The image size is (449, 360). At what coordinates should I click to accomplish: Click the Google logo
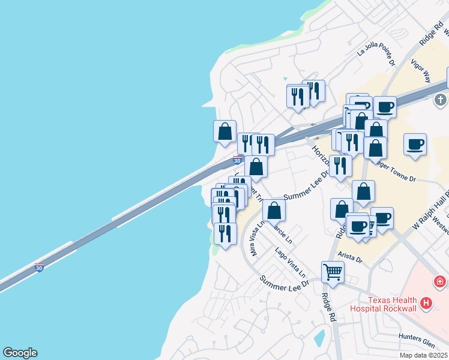(x=20, y=353)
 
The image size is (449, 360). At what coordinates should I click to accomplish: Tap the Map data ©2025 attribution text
(x=423, y=355)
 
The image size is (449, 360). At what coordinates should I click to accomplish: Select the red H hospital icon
(x=426, y=304)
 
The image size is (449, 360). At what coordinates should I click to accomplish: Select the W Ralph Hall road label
(x=426, y=211)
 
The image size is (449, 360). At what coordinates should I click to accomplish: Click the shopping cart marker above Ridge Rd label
(x=332, y=272)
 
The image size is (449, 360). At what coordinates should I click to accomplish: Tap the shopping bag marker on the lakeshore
(x=224, y=131)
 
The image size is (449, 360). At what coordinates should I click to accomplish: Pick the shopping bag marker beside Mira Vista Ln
(x=274, y=211)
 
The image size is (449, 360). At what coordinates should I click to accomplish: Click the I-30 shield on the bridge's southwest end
(x=40, y=267)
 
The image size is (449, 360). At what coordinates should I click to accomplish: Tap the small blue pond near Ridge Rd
(x=319, y=338)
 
